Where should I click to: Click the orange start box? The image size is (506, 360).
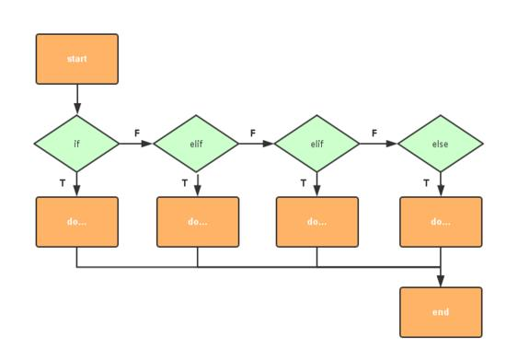coord(77,59)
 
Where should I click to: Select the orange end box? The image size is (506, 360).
coord(441,312)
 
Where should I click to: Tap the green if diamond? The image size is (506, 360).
coord(77,144)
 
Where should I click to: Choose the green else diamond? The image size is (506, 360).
coord(441,144)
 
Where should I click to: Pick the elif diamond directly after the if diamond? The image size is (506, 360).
coord(197,144)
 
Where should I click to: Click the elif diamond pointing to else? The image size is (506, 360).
coord(317,144)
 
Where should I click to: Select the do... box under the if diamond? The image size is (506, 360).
coord(77,222)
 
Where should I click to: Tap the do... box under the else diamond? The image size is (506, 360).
coord(441,222)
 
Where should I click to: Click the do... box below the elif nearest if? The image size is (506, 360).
coord(197,222)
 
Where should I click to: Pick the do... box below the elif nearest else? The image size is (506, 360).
coord(317,222)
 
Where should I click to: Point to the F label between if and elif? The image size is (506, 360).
coord(137,134)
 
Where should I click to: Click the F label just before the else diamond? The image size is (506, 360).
coord(374,134)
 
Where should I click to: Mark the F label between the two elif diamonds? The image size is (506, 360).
coord(253,134)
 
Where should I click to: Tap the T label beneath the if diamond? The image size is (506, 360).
coord(63,183)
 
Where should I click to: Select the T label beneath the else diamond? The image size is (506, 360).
coord(426,183)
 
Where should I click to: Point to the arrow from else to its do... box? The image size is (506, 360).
coord(441,184)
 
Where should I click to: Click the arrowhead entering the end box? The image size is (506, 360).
coord(441,282)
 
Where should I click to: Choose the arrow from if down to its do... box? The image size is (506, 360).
coord(77,184)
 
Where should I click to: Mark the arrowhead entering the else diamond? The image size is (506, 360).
coord(393,144)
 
